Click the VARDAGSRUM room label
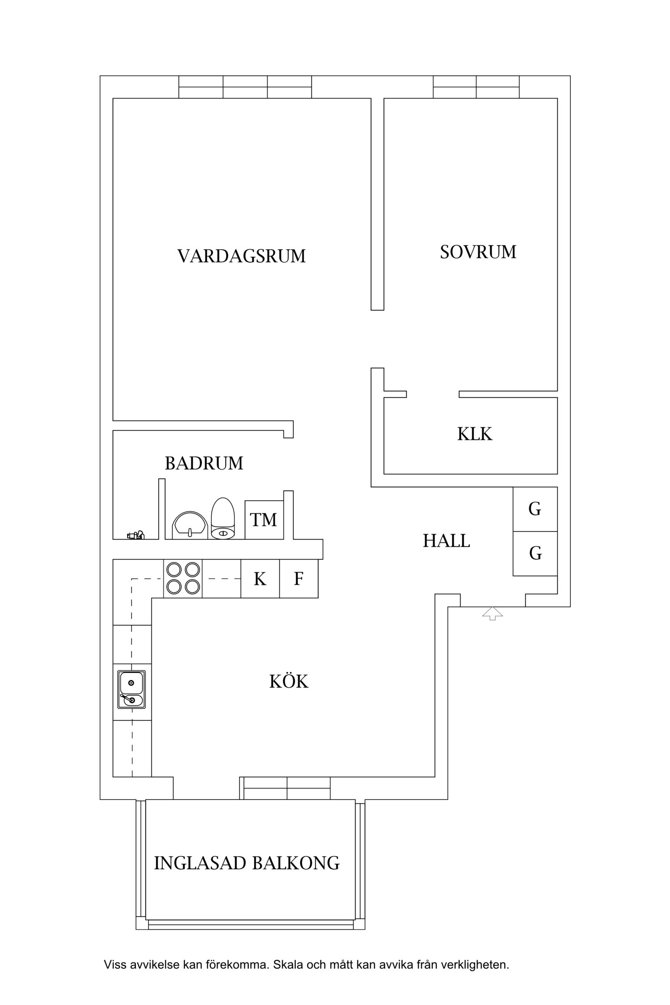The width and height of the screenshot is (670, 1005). pos(241,256)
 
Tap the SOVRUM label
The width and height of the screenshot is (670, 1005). pos(478,252)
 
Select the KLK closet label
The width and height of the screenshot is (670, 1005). pos(474,434)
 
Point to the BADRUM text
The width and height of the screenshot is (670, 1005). pos(204,464)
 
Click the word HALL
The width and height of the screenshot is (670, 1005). pos(446,541)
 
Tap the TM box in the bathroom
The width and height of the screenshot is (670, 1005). pos(264,520)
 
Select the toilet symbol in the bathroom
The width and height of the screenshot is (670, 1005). pos(223,519)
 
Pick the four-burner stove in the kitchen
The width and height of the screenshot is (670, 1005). pos(183,578)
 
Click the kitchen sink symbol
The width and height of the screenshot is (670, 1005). pos(131,689)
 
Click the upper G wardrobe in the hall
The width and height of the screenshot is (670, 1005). pos(535,509)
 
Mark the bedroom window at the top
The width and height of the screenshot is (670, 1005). pos(476,87)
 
